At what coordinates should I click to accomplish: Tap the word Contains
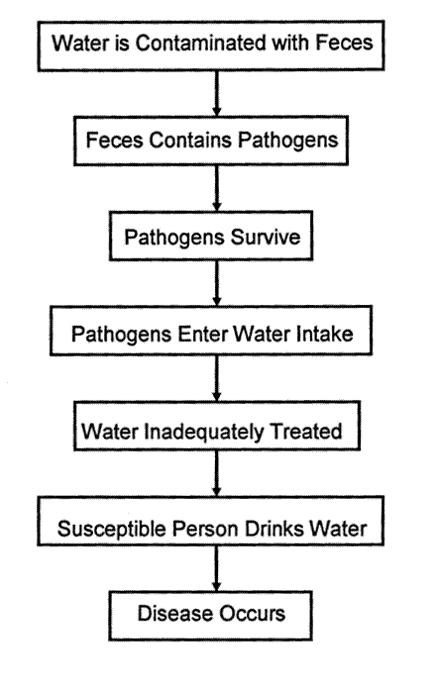tap(190, 141)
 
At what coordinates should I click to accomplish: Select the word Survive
tap(266, 237)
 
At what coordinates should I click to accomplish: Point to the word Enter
tap(202, 334)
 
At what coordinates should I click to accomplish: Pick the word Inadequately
tap(203, 431)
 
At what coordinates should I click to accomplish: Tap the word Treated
tap(305, 431)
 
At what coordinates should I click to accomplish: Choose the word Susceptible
tap(112, 529)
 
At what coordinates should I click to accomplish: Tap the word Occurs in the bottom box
tap(252, 614)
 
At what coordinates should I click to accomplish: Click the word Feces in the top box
tap(344, 43)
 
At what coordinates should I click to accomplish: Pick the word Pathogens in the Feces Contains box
tap(288, 141)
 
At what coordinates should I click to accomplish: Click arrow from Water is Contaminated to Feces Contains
tap(216, 94)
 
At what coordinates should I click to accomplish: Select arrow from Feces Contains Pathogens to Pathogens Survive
tap(216, 188)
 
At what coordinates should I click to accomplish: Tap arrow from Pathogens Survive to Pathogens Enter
tap(216, 283)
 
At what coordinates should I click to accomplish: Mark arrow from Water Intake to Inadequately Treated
tap(216, 378)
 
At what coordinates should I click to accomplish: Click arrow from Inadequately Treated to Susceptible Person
tap(216, 473)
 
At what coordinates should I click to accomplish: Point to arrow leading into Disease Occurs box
tap(216, 569)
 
